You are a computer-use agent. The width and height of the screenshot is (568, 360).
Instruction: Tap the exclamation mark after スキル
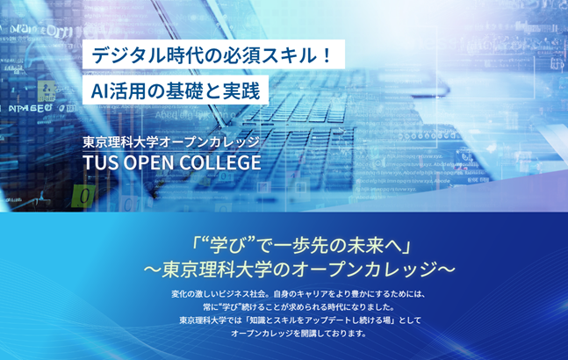(327, 55)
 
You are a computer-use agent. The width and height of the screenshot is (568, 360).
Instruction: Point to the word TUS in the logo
(100, 162)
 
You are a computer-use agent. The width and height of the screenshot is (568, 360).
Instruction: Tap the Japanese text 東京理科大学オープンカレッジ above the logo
(171, 142)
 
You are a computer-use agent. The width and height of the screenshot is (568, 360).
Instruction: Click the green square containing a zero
(83, 197)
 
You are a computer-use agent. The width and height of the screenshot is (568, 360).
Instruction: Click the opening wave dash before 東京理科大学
(152, 270)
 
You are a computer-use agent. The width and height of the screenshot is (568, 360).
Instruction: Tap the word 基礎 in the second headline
(184, 90)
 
